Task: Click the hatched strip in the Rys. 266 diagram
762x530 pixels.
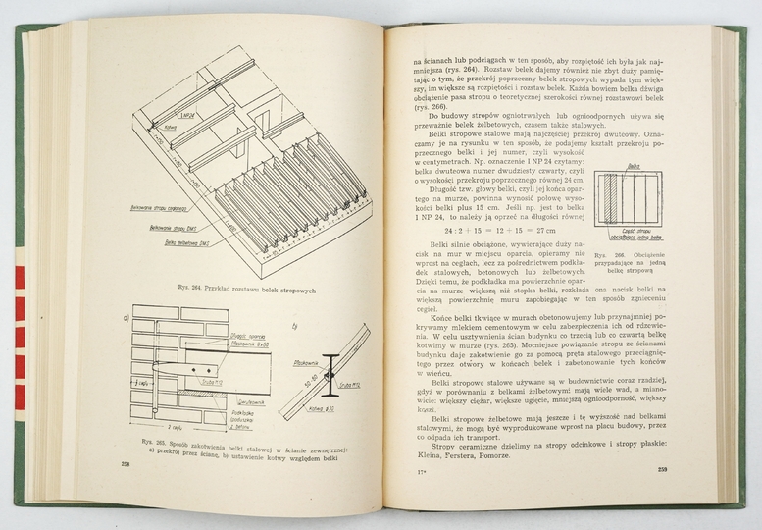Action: pos(611,202)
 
